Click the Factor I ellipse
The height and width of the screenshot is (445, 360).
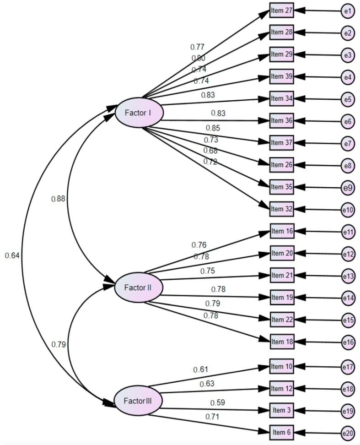(x=138, y=112)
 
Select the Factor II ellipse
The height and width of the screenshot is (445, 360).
(x=138, y=288)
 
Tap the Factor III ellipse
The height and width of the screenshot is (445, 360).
(x=138, y=402)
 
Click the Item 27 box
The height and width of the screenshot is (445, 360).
(x=281, y=10)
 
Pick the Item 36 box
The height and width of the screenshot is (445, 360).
(x=281, y=121)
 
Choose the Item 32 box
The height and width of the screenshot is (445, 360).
(x=281, y=209)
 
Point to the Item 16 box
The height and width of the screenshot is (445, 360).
(x=281, y=231)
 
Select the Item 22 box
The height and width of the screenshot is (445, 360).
(x=281, y=320)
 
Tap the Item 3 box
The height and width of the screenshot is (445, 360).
(x=281, y=410)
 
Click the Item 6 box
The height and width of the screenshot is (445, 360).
(x=281, y=432)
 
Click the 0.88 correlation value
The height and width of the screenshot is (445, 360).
(x=58, y=199)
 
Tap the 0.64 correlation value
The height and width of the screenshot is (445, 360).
(x=12, y=255)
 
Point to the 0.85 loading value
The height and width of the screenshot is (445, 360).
(x=212, y=128)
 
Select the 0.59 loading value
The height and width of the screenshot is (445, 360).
(x=217, y=403)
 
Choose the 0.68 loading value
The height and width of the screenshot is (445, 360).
(x=211, y=151)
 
